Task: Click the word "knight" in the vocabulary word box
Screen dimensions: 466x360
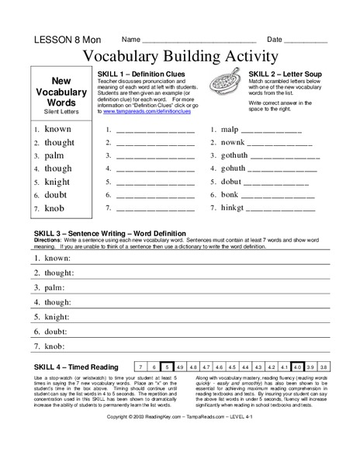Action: coord(57,182)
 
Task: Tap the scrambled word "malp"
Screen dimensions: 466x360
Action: coord(230,130)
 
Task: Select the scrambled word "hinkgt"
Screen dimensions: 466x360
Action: coord(234,208)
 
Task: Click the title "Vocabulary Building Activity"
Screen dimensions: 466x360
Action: coord(180,56)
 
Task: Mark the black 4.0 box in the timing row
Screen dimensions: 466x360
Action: coord(298,366)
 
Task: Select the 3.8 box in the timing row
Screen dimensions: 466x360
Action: coord(324,366)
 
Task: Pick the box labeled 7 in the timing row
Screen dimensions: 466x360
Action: coord(140,366)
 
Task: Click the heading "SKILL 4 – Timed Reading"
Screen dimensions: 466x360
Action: coord(76,366)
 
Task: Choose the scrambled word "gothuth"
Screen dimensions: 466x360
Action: coord(237,155)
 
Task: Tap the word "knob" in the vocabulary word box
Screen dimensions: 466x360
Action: coord(54,208)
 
